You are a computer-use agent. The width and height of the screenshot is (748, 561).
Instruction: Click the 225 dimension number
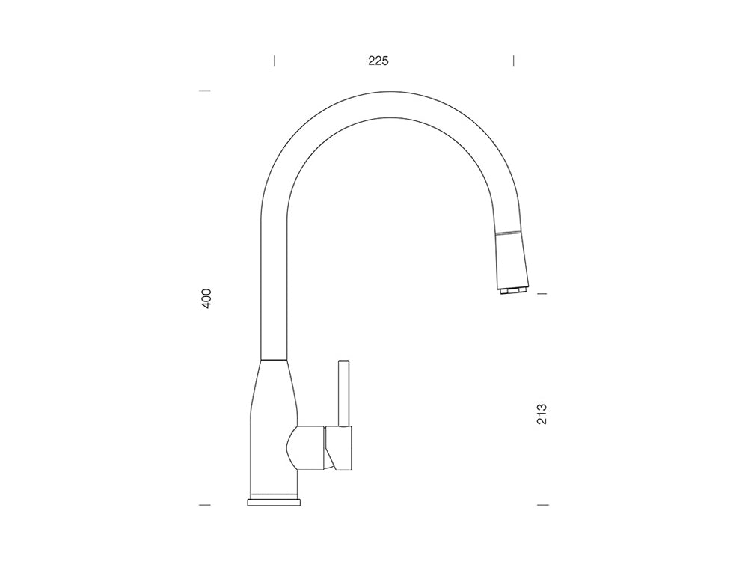[378, 61]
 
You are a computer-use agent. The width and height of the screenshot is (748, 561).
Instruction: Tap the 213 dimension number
[542, 414]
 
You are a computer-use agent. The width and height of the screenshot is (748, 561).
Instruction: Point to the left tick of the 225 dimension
[275, 60]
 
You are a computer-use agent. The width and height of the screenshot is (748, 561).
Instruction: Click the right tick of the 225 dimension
[514, 60]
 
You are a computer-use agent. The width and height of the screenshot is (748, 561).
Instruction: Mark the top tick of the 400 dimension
[204, 91]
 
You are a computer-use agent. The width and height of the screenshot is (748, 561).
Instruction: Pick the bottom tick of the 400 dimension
[204, 505]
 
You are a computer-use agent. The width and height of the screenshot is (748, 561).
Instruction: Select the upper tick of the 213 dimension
[543, 294]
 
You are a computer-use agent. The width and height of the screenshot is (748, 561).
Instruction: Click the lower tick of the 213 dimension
[543, 505]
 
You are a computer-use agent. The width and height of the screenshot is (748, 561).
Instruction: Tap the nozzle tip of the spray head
[512, 290]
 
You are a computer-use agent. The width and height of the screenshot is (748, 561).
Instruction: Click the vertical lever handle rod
[343, 393]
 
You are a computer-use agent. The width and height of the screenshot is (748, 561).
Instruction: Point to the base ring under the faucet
[275, 500]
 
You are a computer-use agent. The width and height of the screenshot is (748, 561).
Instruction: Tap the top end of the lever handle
[343, 362]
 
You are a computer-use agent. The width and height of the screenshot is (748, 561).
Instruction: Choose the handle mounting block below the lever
[338, 449]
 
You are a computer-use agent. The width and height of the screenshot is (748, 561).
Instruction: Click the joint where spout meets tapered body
[273, 361]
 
